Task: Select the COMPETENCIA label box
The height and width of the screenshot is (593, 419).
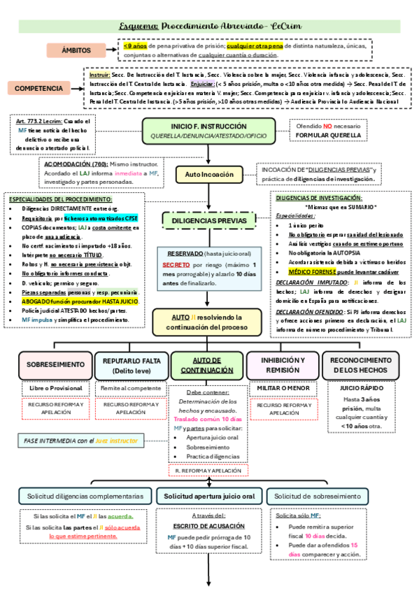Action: coord(43,89)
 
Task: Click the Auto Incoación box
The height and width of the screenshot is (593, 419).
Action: coord(209,173)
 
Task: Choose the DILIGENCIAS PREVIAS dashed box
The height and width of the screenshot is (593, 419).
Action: coord(209,221)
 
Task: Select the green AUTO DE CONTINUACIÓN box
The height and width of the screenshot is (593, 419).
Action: coord(208,364)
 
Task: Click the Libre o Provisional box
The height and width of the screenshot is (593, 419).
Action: coord(55,388)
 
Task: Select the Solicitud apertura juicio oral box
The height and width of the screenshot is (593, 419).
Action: coord(209,496)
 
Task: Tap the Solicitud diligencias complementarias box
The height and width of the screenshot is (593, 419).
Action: coord(85,496)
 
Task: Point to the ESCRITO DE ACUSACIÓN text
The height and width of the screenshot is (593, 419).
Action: coord(208,527)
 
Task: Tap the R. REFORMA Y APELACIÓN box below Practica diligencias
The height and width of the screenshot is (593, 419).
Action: coord(208,471)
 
